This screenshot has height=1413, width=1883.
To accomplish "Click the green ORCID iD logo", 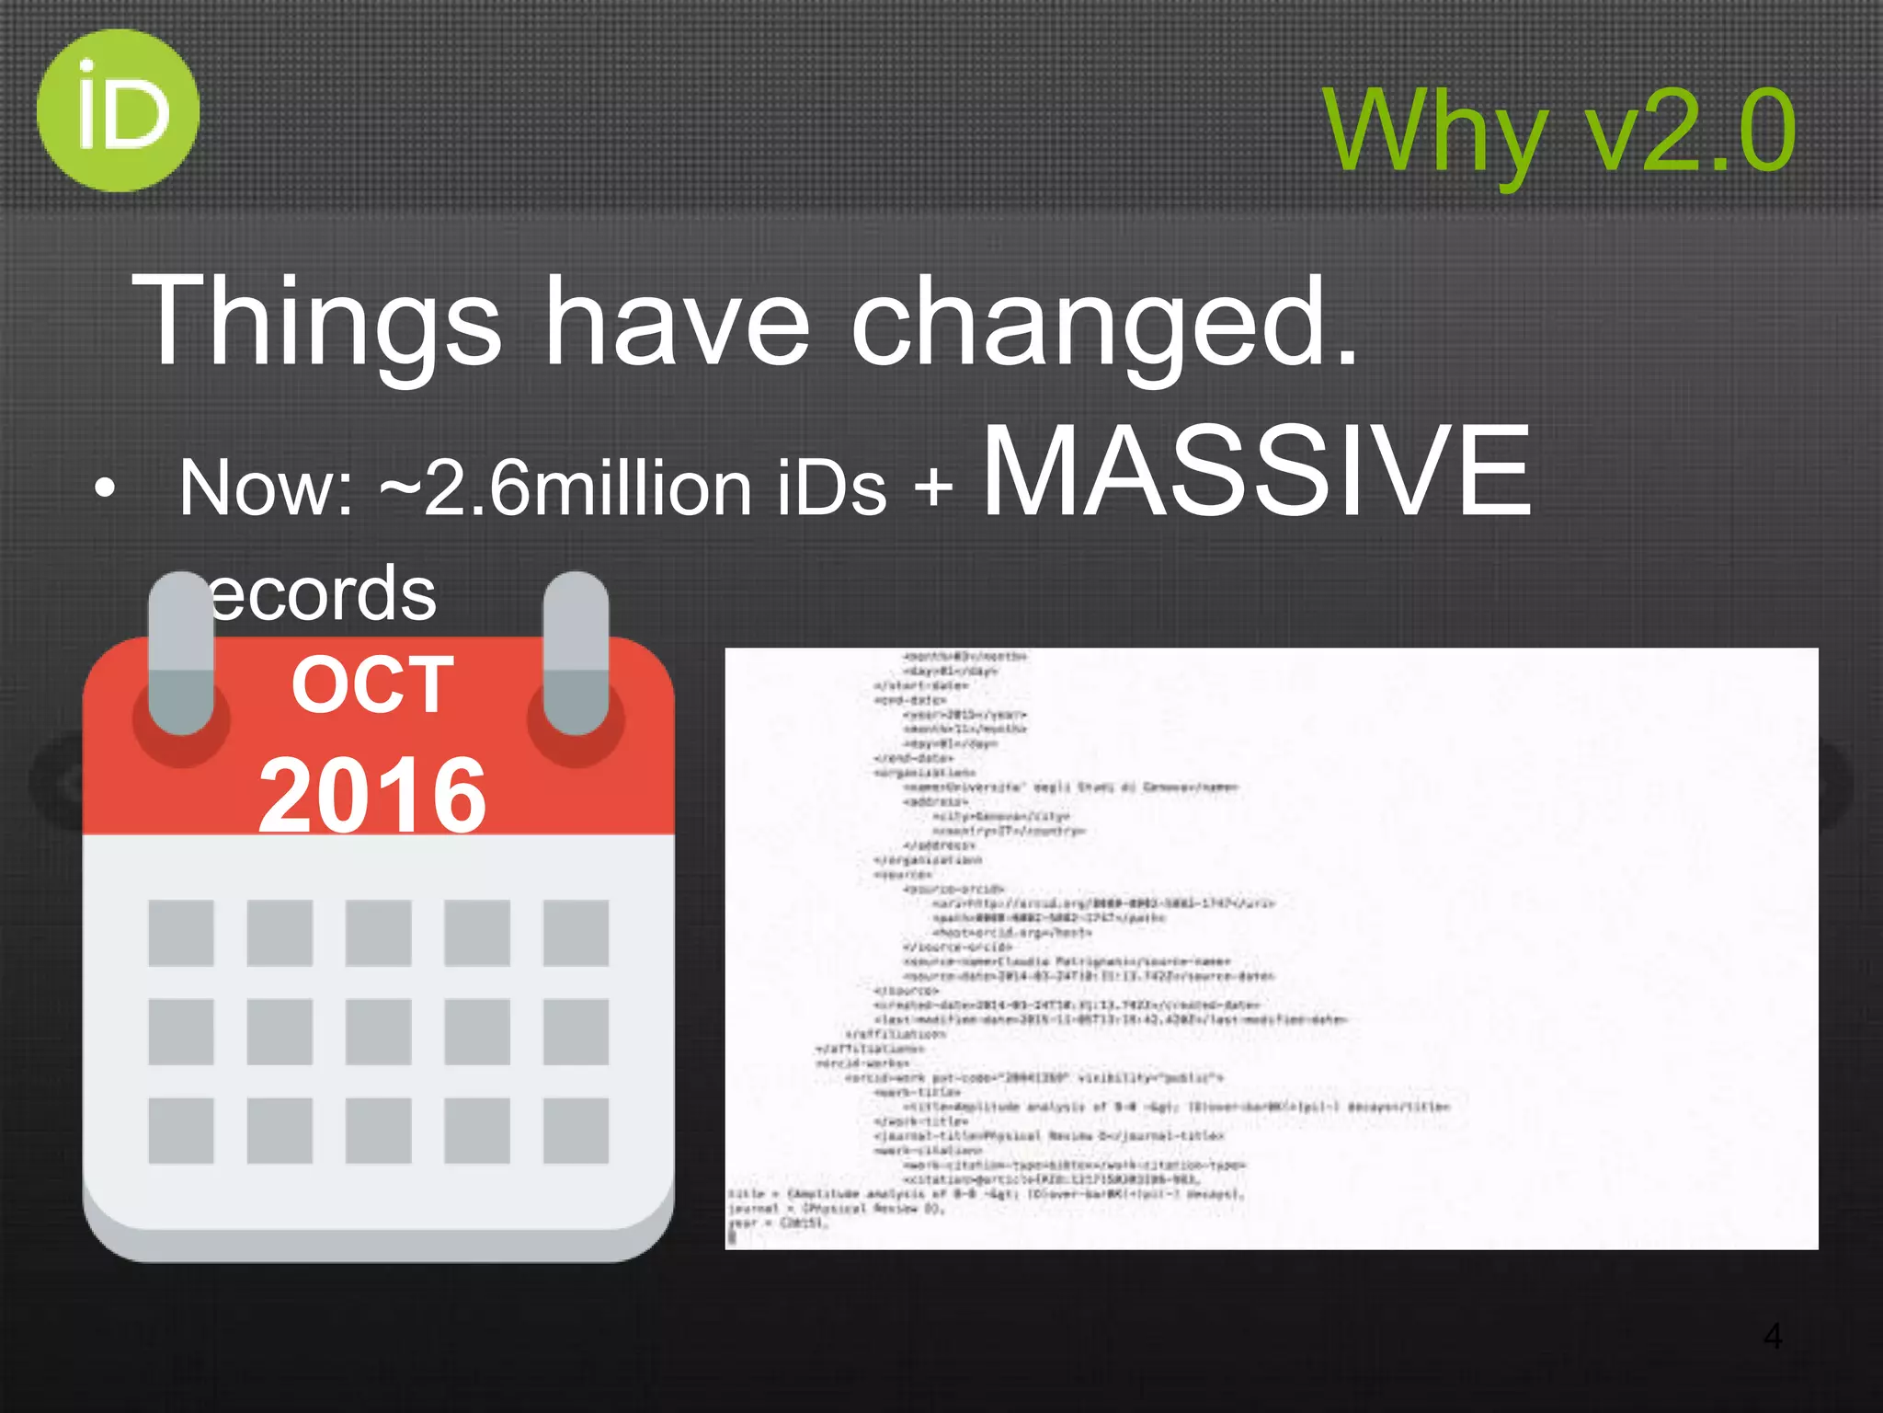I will (x=118, y=110).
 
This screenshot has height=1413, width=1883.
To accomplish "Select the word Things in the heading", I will (x=317, y=322).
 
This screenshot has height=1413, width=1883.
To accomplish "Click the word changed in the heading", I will (x=1103, y=322).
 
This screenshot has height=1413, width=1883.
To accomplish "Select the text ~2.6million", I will (x=565, y=488).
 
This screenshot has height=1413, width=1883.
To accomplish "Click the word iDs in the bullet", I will (x=832, y=488).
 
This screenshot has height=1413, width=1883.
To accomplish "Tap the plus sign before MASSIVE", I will (x=933, y=488).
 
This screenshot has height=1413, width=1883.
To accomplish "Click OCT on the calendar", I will (x=372, y=685).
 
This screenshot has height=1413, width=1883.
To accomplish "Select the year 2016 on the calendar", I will (x=372, y=796).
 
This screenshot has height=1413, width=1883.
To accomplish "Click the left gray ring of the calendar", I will (x=181, y=653).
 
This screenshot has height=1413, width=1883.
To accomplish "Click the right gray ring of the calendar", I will (x=576, y=653).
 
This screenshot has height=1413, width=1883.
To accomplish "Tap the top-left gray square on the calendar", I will (x=181, y=933).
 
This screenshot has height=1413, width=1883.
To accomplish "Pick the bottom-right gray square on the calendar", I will (x=576, y=1130).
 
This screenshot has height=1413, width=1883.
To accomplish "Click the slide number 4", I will (x=1773, y=1336).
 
